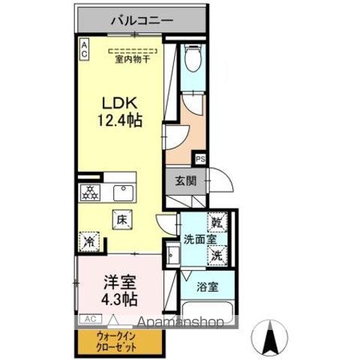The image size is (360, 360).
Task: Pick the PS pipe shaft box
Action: click(x=200, y=159)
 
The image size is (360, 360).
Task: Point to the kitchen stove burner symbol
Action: click(x=90, y=193)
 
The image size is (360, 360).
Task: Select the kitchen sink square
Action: click(x=121, y=193)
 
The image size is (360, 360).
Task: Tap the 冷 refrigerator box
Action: click(x=88, y=241)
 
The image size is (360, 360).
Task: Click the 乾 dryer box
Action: click(x=217, y=223)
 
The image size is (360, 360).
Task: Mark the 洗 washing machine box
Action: click(x=217, y=254)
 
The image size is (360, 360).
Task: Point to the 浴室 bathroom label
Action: click(x=207, y=286)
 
